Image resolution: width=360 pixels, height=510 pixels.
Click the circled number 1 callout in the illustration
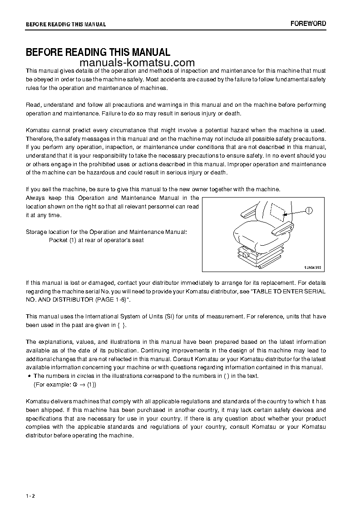click(309, 210)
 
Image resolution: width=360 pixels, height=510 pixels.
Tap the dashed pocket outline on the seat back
click(277, 210)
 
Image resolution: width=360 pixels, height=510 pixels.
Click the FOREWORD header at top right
click(308, 24)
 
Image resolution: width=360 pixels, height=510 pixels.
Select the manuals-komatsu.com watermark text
click(137, 63)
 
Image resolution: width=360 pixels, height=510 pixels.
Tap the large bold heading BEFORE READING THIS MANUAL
click(98, 53)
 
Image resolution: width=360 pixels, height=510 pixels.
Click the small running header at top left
click(66, 25)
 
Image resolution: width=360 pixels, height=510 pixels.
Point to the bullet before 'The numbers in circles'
click(29, 376)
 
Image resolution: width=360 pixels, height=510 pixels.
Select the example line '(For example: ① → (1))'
click(65, 384)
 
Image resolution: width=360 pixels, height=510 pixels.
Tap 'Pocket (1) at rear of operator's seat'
click(96, 240)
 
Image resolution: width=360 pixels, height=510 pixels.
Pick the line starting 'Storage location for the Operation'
click(106, 232)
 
